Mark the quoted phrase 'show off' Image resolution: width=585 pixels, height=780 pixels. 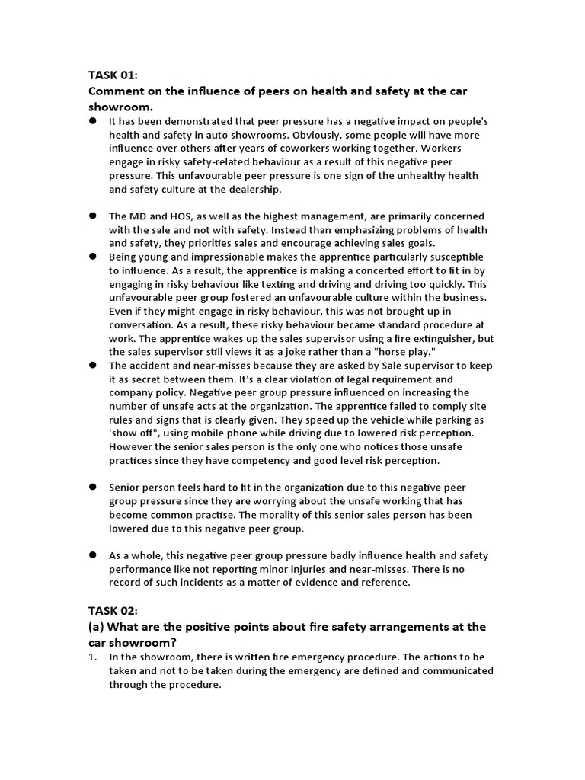133,433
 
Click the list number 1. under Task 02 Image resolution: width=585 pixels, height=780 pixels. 94,657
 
